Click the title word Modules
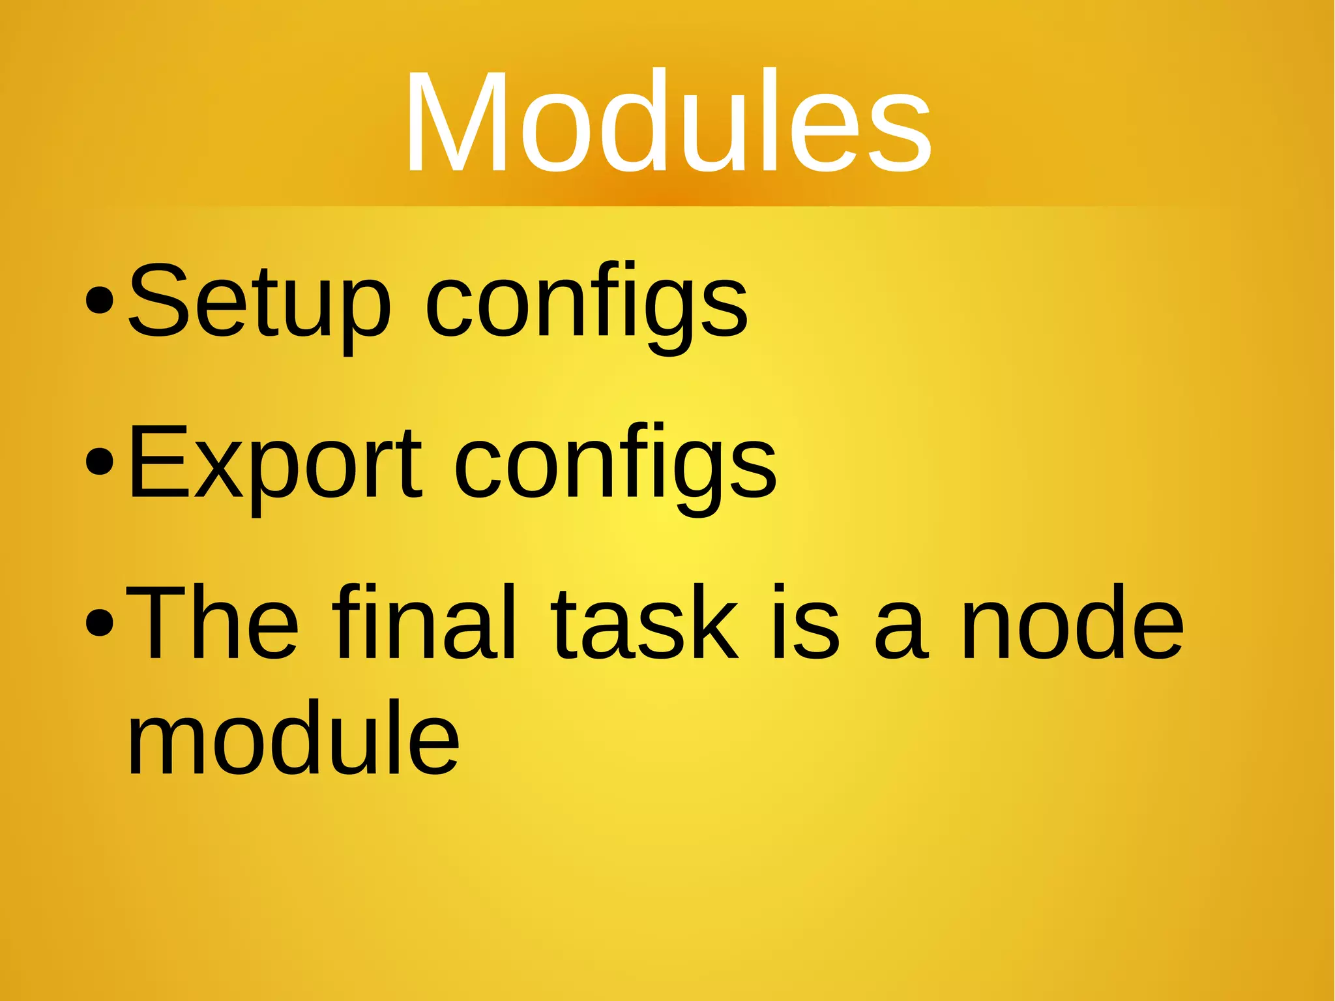(x=667, y=122)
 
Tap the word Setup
(x=259, y=301)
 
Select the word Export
(x=274, y=463)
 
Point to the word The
(x=213, y=622)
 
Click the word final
(x=424, y=622)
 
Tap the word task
(x=645, y=623)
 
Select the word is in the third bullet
(x=805, y=622)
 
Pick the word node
(x=1072, y=622)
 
